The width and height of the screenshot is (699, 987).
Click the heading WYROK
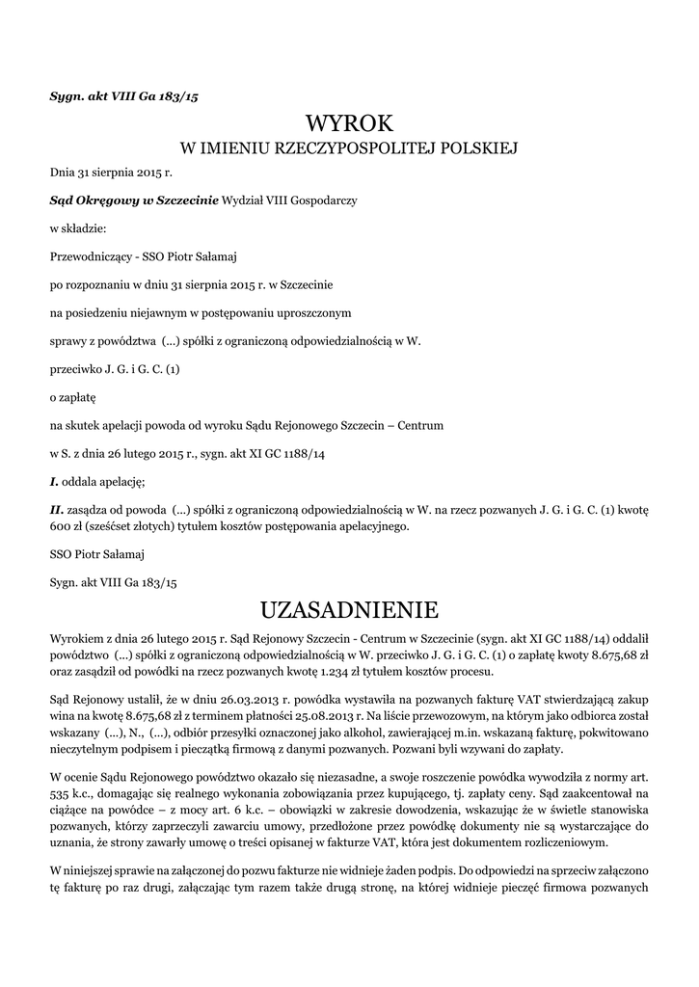349,122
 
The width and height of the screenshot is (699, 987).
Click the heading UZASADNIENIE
349,610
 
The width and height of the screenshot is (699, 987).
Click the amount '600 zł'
66,526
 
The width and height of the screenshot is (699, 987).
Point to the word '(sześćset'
110,526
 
